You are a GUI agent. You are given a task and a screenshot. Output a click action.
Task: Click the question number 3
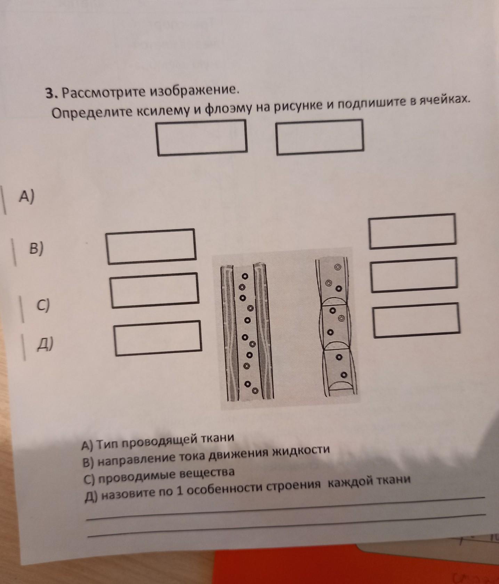(51, 93)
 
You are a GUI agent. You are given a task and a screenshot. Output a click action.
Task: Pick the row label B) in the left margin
(37, 249)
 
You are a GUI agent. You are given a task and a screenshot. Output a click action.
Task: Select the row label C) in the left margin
(44, 305)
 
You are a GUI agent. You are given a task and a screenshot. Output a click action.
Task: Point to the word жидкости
(300, 451)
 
